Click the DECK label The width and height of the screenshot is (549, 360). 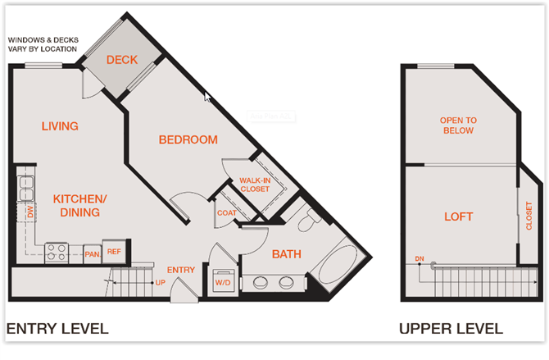tap(120, 60)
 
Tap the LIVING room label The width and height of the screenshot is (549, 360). tap(60, 126)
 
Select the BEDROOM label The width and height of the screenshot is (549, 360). tap(188, 139)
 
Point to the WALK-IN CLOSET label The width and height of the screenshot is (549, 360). tap(255, 185)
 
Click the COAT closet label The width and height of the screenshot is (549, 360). tap(227, 212)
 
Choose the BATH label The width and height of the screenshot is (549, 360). tap(287, 254)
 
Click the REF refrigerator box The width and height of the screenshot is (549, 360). tap(113, 253)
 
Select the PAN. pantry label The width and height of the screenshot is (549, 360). tap(92, 254)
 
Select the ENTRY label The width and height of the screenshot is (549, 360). tap(180, 270)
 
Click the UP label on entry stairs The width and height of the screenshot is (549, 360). tap(160, 282)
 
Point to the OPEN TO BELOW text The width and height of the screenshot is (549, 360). tap(459, 125)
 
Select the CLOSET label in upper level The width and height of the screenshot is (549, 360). tap(528, 217)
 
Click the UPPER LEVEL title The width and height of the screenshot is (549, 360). tap(451, 330)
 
